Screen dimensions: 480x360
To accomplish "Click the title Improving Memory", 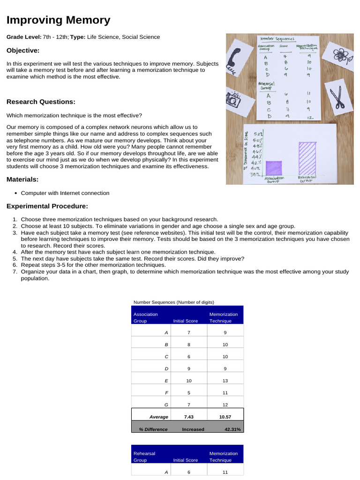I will pyautogui.click(x=59, y=20).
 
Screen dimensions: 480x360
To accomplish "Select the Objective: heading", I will pyautogui.click(x=23, y=51).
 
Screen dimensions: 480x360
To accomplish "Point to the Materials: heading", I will pyautogui.click(x=22, y=180).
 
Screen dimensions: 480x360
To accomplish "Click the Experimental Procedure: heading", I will pyautogui.click(x=47, y=206).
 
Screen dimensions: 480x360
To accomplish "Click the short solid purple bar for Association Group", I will pyautogui.click(x=274, y=167).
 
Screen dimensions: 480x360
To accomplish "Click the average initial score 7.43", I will pyautogui.click(x=188, y=417).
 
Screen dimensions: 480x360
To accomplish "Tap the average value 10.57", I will pyautogui.click(x=225, y=417).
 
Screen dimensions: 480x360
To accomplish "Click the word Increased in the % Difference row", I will pyautogui.click(x=193, y=429).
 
